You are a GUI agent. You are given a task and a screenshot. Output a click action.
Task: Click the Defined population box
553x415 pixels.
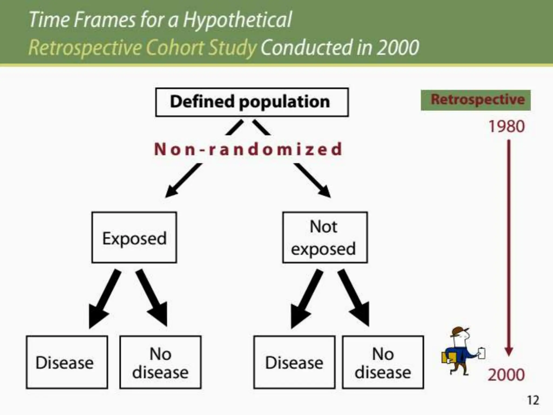point(252,102)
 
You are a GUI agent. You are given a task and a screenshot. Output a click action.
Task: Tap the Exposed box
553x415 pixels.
point(134,237)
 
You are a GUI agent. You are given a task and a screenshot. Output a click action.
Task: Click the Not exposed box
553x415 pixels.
point(325,237)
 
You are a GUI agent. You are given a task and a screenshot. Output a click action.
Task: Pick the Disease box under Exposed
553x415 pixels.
point(67,362)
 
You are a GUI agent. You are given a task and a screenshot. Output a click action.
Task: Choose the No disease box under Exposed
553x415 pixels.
point(160,362)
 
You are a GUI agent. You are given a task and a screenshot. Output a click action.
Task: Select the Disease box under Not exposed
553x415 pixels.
point(294,362)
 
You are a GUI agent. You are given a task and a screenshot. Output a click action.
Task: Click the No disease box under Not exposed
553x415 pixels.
point(383,362)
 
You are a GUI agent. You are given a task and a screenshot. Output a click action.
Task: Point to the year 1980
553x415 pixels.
point(507,126)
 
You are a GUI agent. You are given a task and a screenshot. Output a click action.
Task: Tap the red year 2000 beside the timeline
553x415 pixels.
point(506,375)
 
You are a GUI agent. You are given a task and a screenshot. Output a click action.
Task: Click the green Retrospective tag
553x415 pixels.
point(476,100)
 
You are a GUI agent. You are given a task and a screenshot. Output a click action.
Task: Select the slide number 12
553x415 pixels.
point(533,400)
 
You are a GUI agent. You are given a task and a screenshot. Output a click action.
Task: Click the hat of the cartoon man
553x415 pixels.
point(459,331)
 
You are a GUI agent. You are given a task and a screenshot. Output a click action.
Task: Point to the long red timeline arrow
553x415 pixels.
point(509,243)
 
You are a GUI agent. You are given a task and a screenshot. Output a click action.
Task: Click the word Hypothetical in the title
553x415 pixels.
point(238,20)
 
